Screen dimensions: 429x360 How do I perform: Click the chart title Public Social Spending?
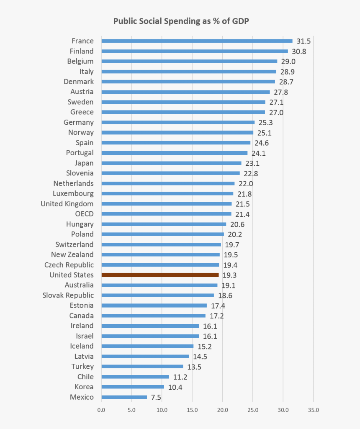tap(181, 21)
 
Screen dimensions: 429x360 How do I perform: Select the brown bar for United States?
tap(160, 275)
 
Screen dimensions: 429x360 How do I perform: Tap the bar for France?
tap(197, 41)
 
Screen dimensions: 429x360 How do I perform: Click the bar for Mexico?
tap(124, 397)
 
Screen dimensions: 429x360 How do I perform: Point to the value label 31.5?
tap(303, 41)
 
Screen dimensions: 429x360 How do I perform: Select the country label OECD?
tap(84, 214)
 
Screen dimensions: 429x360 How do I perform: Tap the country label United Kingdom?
tap(67, 204)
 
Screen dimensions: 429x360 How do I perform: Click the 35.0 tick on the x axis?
tap(313, 410)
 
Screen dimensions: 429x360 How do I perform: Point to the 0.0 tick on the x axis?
tap(101, 410)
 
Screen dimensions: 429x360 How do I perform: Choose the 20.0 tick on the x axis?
tap(222, 410)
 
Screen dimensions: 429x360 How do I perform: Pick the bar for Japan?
tap(171, 163)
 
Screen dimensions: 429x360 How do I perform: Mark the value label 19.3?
tap(229, 275)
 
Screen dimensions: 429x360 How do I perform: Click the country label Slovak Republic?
tap(68, 295)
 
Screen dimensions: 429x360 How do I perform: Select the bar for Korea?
tap(133, 387)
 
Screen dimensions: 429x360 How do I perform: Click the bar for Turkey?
tap(142, 367)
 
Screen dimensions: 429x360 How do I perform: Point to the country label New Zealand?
tap(72, 254)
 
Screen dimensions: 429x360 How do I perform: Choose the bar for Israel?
tap(150, 336)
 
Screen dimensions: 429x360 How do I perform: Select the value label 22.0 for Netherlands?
tap(246, 183)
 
